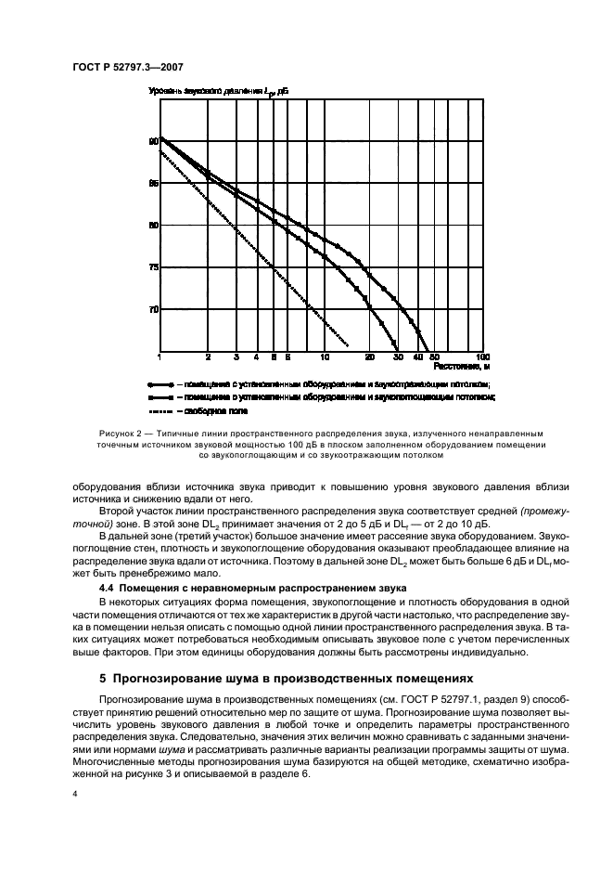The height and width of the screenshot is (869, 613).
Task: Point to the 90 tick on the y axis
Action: point(154,142)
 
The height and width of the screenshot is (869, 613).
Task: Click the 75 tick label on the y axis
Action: point(154,267)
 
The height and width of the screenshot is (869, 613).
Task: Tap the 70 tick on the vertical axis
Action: point(154,309)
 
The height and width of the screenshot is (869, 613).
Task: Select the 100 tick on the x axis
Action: point(481,357)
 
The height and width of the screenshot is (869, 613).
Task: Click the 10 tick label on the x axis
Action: point(324,357)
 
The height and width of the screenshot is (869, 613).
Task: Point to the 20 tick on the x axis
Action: point(370,357)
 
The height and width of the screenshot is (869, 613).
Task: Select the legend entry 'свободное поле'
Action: point(215,409)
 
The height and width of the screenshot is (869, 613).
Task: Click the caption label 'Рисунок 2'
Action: point(121,434)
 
